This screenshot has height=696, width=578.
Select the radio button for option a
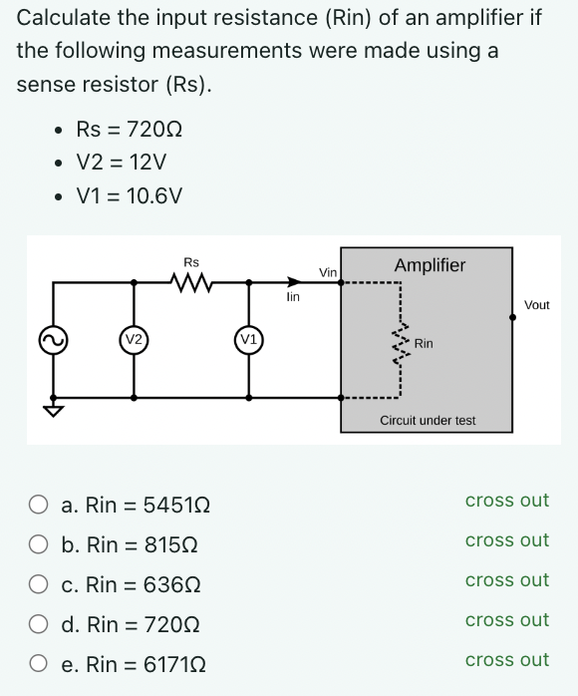[38, 505]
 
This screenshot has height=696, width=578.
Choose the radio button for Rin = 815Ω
[38, 544]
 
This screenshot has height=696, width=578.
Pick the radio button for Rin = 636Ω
[38, 584]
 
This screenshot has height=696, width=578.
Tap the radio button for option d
[38, 624]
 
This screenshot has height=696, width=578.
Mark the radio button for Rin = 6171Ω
[38, 664]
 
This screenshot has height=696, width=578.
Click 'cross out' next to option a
[506, 501]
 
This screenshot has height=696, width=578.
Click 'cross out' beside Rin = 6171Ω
[506, 660]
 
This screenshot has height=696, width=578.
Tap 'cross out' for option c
[506, 580]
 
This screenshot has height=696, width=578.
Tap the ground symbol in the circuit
[52, 411]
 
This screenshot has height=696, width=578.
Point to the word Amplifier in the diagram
[430, 265]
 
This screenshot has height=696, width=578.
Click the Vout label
[536, 305]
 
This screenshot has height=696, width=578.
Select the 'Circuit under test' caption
[428, 421]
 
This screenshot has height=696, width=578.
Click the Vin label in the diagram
[328, 271]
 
